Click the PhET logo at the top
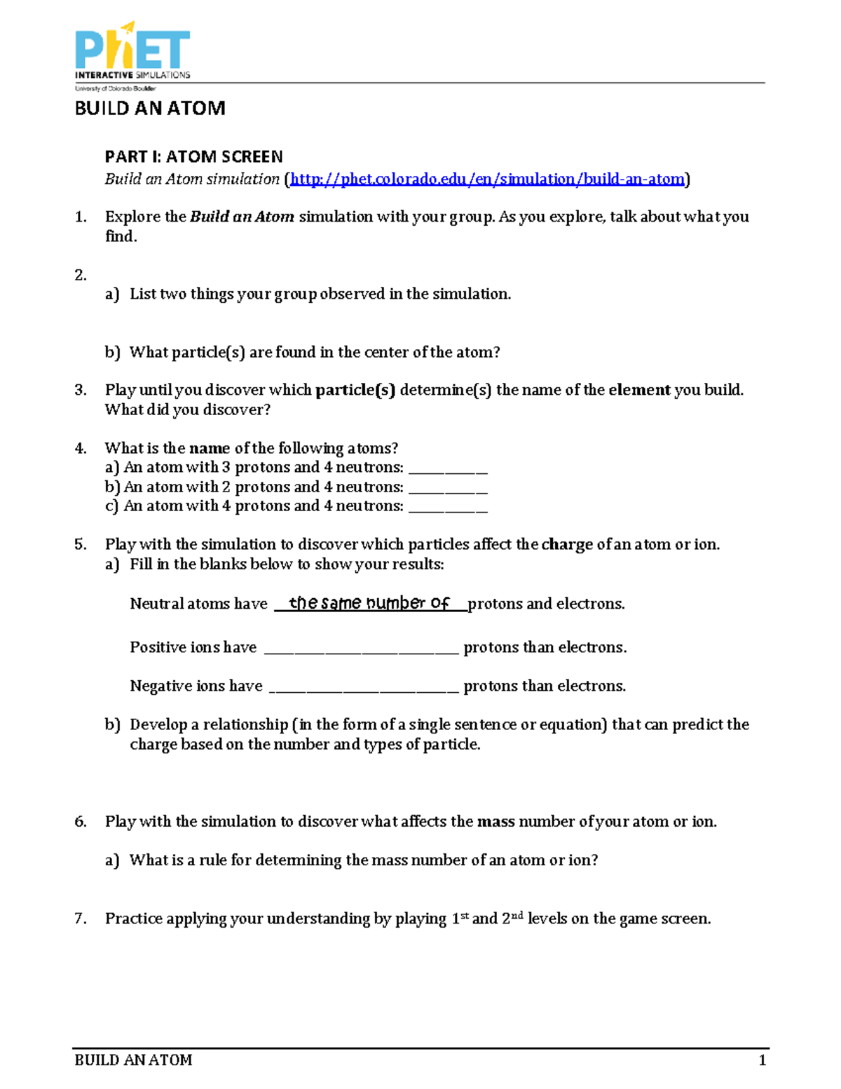point(132,50)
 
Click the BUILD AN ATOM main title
point(150,109)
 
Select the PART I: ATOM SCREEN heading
point(193,156)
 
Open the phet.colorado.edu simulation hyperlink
point(487,180)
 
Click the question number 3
point(81,390)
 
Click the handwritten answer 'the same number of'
point(369,603)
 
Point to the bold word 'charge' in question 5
point(567,545)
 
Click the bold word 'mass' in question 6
point(495,822)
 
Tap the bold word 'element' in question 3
point(639,390)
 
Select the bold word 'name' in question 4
point(210,448)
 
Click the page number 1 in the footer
point(763,1060)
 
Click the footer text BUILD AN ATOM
point(133,1060)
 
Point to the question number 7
point(81,919)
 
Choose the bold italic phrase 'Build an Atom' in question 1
point(242,217)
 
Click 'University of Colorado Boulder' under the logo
point(116,89)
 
